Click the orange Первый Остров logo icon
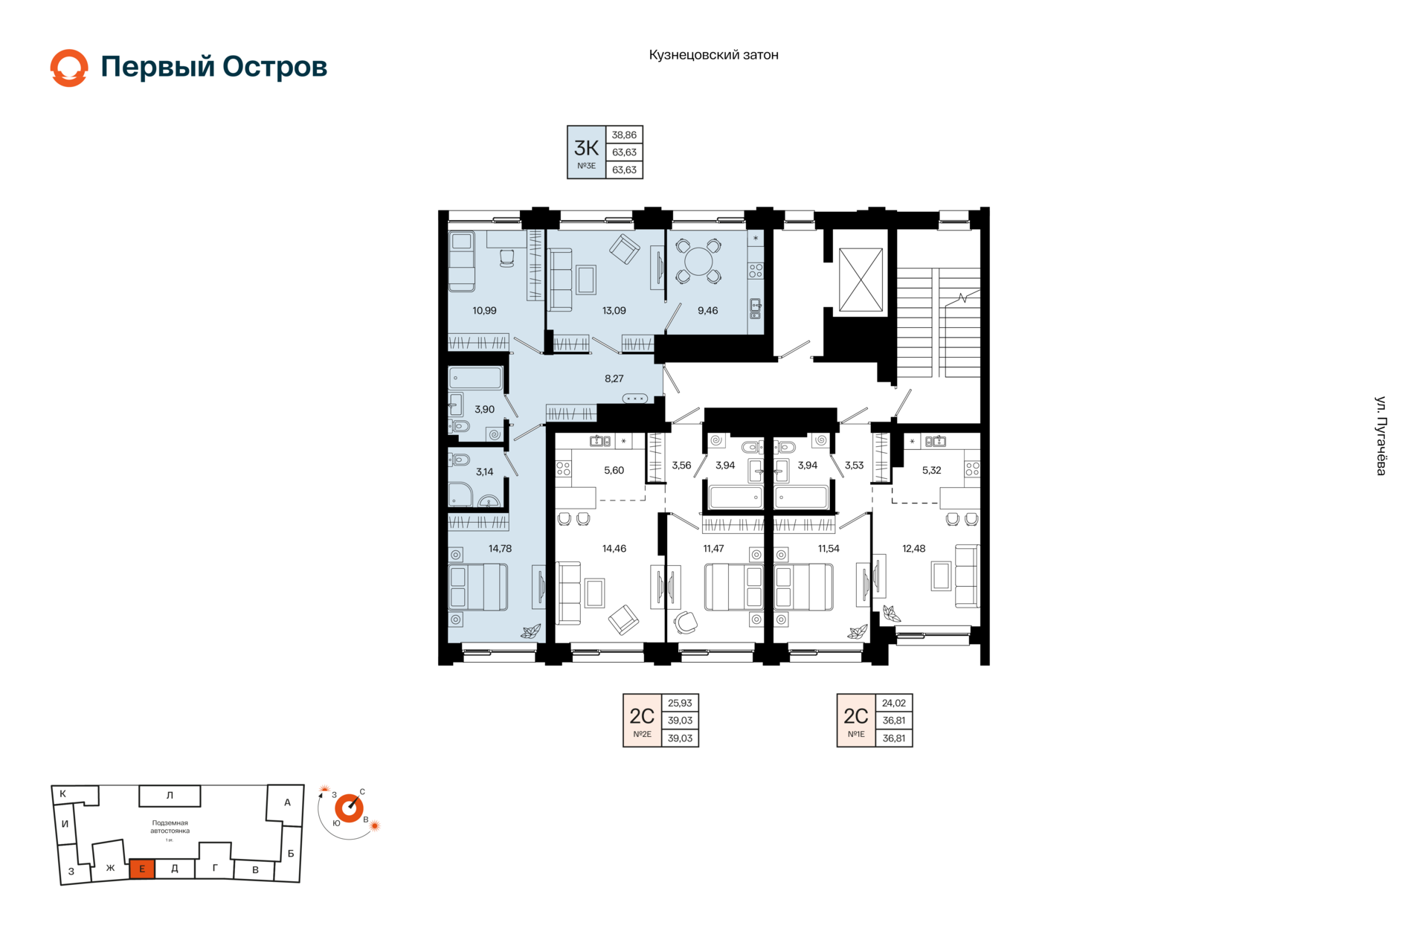point(69,68)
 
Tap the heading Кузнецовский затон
point(713,55)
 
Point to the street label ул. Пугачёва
point(1380,436)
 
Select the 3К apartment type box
point(586,152)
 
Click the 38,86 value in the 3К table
point(624,135)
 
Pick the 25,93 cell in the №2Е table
point(680,703)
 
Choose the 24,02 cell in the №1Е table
point(894,703)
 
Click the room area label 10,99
point(484,311)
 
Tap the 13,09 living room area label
point(614,311)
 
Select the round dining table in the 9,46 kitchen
point(698,261)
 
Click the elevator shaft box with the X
point(861,280)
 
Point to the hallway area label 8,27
point(614,379)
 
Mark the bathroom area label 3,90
point(484,410)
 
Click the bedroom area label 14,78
point(500,549)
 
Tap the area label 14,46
point(614,549)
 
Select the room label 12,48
point(913,549)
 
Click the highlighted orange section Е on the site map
point(142,869)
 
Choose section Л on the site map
point(170,796)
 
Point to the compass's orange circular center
point(349,808)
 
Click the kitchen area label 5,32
point(931,471)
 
